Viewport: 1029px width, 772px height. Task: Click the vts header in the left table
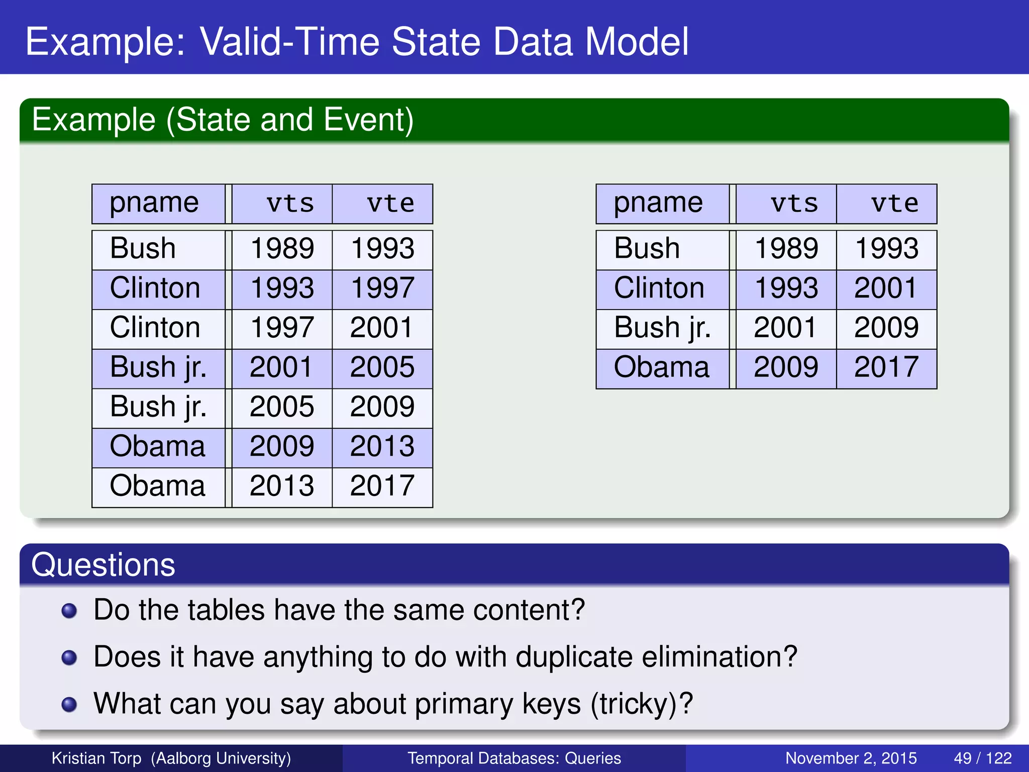(x=290, y=204)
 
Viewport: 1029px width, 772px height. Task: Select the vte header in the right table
(x=894, y=204)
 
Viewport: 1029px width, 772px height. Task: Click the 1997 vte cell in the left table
(x=382, y=288)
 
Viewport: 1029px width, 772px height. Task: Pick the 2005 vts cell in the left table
(x=282, y=407)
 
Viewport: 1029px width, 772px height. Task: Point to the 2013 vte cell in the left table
(x=382, y=447)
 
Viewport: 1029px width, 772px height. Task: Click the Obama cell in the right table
(x=661, y=367)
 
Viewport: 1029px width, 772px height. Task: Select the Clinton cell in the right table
(x=659, y=288)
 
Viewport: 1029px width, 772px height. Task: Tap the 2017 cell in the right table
(x=886, y=367)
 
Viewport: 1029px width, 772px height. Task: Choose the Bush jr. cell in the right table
(x=662, y=328)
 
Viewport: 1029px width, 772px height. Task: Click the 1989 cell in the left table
(x=282, y=249)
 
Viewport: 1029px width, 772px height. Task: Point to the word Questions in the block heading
(x=103, y=565)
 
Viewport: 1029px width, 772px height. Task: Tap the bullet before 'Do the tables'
(x=69, y=611)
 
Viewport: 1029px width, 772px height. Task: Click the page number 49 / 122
(x=982, y=758)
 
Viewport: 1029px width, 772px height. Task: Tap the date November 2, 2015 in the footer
(x=851, y=758)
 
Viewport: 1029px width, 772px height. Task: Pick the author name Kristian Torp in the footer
(x=96, y=758)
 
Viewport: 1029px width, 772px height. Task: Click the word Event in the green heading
(x=367, y=120)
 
